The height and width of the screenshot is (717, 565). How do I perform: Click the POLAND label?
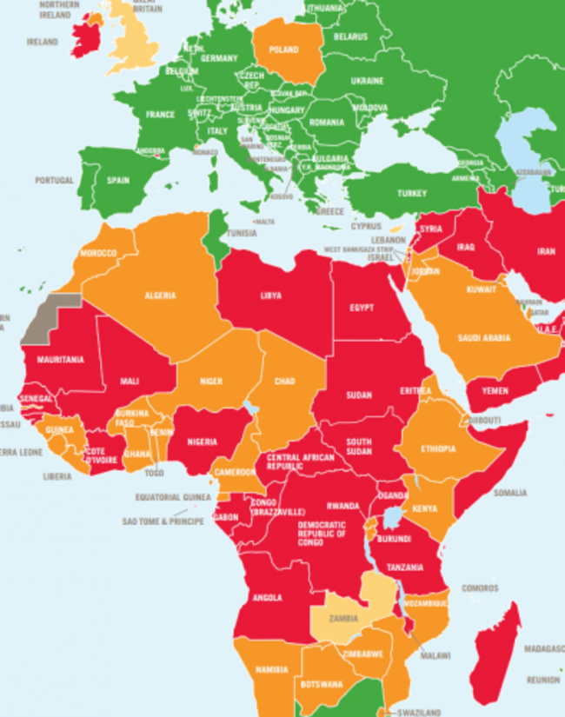tap(284, 50)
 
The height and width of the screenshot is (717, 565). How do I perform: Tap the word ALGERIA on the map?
tap(161, 295)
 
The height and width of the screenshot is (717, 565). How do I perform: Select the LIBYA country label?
tap(271, 295)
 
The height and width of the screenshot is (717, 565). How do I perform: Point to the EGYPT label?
tap(362, 308)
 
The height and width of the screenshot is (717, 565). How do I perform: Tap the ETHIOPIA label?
tap(438, 449)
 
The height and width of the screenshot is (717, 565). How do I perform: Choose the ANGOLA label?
tap(266, 597)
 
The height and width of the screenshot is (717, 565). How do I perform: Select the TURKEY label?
tap(413, 193)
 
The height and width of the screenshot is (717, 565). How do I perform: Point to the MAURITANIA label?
tap(60, 359)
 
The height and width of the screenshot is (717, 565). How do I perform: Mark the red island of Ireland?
tap(87, 36)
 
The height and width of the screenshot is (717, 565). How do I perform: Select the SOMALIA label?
tap(510, 493)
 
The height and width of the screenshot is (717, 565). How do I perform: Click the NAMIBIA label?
tap(273, 669)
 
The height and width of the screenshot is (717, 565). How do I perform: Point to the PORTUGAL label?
tap(55, 181)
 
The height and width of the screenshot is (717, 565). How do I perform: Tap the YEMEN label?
tap(495, 391)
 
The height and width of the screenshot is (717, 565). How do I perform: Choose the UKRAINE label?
tap(367, 81)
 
